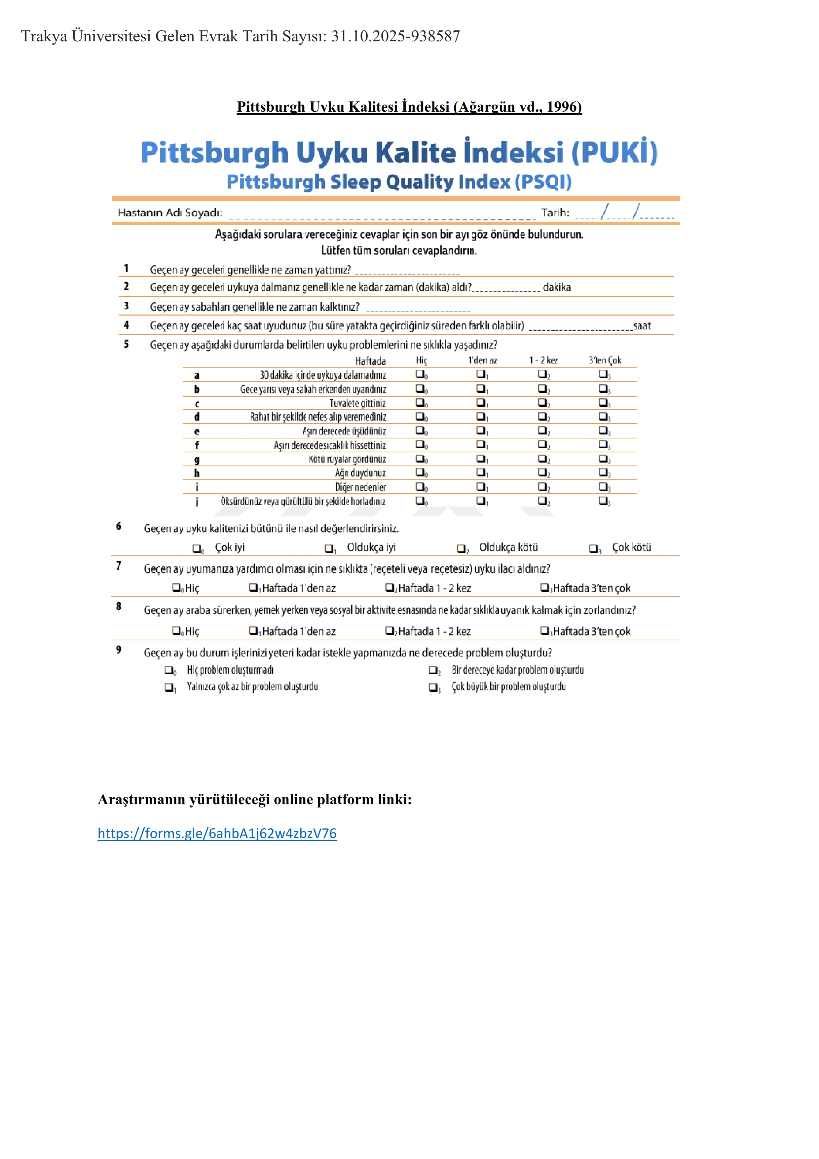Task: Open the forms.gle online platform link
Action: click(217, 834)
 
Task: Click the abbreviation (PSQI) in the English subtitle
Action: click(543, 182)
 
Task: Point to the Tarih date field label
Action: click(555, 212)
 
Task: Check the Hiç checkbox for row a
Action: click(420, 374)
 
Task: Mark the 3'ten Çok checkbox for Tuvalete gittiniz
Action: click(603, 402)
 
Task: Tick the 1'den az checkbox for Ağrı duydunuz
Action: click(481, 472)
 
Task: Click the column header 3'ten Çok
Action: click(605, 360)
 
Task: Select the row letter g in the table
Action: click(197, 459)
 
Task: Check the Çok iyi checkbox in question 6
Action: click(197, 548)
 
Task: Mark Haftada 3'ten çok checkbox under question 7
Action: click(544, 587)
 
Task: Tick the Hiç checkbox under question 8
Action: click(176, 630)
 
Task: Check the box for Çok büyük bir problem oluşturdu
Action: click(433, 687)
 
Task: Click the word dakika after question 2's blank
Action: click(557, 287)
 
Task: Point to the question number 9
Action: click(119, 650)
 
